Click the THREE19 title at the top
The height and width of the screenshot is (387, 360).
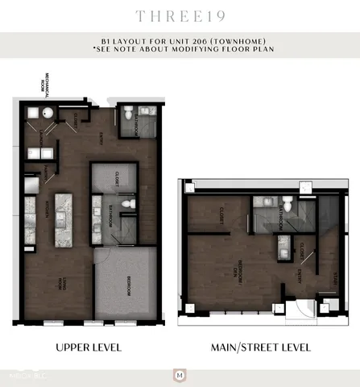(180, 16)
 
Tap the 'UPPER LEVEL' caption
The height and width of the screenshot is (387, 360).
(89, 347)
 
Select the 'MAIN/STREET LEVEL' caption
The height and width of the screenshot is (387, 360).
(261, 347)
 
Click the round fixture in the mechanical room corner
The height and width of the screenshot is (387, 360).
(48, 114)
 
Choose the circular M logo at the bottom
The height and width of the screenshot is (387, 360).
(180, 376)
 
